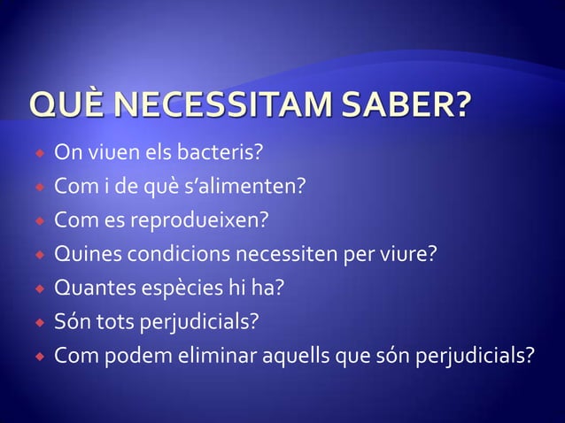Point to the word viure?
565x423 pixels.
pyautogui.click(x=405, y=255)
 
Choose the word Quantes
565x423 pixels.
pyautogui.click(x=94, y=288)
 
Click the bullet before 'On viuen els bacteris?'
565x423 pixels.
pyautogui.click(x=39, y=153)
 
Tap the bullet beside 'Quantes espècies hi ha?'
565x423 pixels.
pyautogui.click(x=39, y=288)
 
